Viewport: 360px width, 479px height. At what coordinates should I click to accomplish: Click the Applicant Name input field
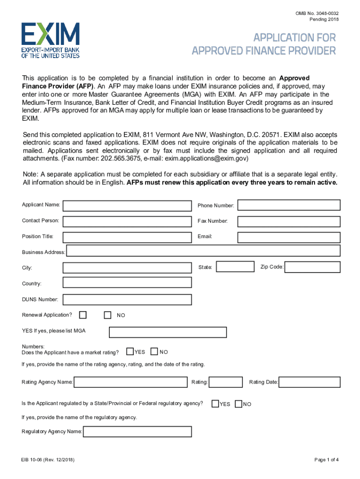[x=127, y=205]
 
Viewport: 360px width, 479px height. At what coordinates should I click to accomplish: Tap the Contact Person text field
[x=127, y=221]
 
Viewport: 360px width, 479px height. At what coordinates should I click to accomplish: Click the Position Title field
[x=127, y=237]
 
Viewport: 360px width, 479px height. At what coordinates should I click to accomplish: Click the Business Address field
[x=203, y=251]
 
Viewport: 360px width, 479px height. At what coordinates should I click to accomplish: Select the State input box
[x=235, y=267]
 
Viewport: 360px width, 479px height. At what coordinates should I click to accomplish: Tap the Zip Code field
[x=312, y=267]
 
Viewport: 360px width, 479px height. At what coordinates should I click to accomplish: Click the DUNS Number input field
[x=127, y=299]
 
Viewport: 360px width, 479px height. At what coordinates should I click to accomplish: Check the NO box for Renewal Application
[x=108, y=315]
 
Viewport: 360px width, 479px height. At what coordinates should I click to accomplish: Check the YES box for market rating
[x=130, y=351]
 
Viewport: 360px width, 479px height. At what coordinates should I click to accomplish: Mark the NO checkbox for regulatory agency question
[x=238, y=403]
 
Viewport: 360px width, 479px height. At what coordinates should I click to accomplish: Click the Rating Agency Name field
[x=131, y=382]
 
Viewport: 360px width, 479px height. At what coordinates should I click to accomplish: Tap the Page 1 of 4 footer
[x=326, y=460]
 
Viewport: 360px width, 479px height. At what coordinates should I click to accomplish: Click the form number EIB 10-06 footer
[x=47, y=460]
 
